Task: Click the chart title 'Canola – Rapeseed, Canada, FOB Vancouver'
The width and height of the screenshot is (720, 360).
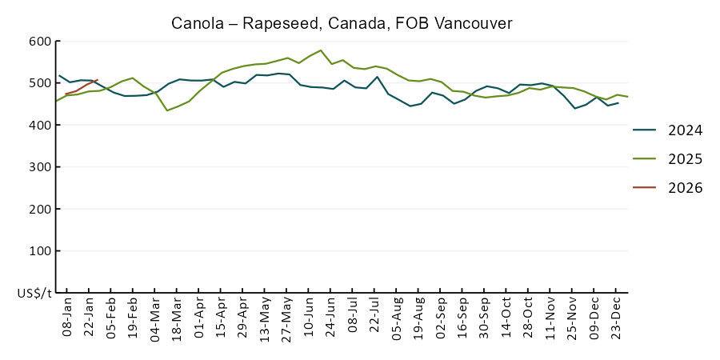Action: (342, 23)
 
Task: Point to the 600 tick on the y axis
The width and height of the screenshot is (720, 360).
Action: (40, 42)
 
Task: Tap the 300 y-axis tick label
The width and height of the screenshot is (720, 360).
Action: (40, 167)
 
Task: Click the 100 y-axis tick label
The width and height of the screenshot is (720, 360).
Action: (40, 251)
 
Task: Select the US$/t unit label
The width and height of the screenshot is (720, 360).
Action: (34, 294)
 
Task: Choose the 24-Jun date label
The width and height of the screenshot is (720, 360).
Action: (332, 320)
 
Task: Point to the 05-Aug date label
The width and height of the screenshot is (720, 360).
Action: (398, 320)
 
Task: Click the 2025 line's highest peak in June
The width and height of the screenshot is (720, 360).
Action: (321, 50)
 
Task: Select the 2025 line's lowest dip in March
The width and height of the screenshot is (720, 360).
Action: (167, 110)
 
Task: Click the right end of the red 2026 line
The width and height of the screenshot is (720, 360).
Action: (97, 80)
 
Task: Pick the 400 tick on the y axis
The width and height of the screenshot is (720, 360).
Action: (40, 126)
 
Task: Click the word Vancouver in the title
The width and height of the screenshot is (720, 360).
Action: (473, 23)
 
